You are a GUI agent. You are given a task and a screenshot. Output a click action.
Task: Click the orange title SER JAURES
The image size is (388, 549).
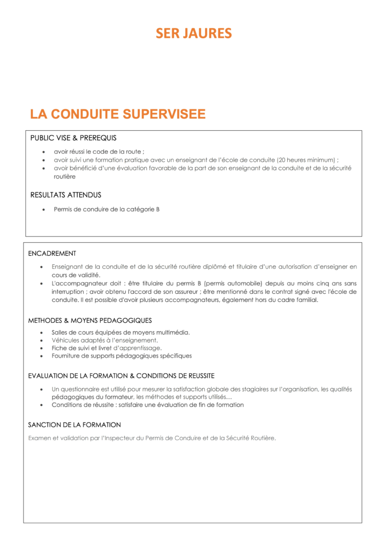[194, 33]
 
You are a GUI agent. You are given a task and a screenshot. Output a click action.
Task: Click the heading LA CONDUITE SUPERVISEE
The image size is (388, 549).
[118, 114]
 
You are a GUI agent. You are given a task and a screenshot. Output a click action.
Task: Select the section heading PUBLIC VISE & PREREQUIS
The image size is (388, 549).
[73, 138]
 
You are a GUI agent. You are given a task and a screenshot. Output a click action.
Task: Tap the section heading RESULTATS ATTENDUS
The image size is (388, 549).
[66, 195]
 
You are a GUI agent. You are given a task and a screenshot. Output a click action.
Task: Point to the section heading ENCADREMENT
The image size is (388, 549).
[52, 253]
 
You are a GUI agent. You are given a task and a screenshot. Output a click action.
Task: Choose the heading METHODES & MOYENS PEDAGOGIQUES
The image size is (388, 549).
[90, 320]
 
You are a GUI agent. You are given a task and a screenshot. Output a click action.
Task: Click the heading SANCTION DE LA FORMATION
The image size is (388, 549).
[74, 425]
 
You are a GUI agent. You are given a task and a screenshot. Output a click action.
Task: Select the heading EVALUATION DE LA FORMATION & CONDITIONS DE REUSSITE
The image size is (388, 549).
[121, 376]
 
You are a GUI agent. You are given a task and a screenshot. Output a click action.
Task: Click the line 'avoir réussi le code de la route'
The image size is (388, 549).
[99, 152]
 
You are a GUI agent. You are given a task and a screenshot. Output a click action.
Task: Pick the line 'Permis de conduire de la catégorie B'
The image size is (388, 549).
[107, 209]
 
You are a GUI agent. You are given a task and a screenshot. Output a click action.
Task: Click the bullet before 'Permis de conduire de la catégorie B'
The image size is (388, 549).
[44, 209]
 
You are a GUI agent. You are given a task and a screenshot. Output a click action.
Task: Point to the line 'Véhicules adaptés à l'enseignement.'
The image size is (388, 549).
[105, 340]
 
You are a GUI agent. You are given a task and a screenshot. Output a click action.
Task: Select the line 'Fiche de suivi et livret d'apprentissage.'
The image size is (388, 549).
[107, 347]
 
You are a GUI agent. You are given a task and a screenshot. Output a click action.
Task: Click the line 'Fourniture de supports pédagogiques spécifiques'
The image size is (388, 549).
[122, 355]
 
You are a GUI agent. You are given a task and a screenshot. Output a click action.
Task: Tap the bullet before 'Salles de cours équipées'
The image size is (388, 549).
[42, 332]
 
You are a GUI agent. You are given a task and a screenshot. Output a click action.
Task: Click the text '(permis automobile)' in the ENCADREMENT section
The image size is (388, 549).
[233, 283]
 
